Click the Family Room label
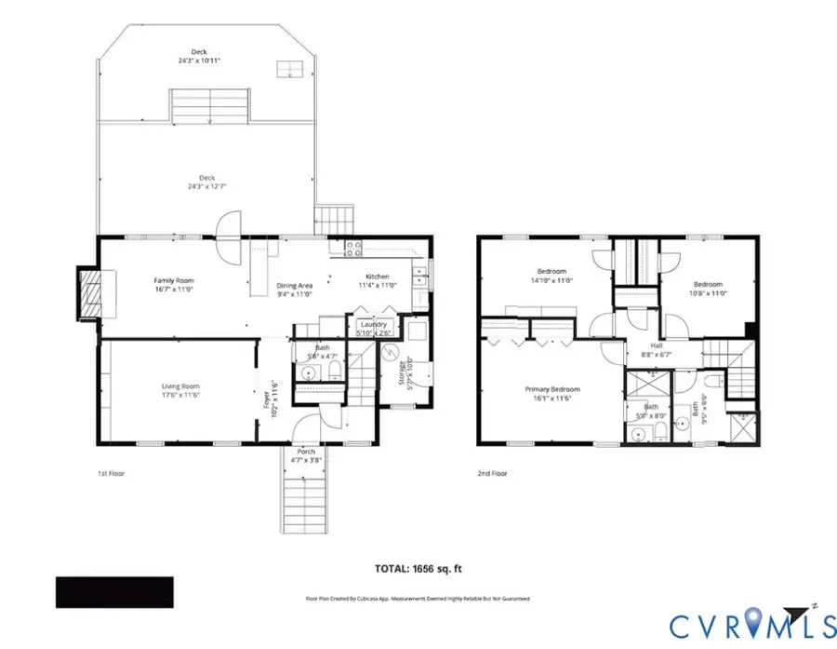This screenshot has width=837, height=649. coord(174,284)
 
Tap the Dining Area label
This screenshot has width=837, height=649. coord(294,290)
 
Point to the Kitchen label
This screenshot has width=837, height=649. coord(377,281)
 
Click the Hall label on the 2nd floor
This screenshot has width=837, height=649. coord(657,349)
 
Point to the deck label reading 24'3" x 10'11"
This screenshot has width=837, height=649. coord(199,56)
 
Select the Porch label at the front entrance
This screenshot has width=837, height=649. coord(306,455)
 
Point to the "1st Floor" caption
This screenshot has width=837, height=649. coord(111,474)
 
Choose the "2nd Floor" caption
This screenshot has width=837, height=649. coord(493,474)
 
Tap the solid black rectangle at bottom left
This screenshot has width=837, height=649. coord(114,592)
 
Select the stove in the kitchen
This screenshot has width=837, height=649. coord(353,248)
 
